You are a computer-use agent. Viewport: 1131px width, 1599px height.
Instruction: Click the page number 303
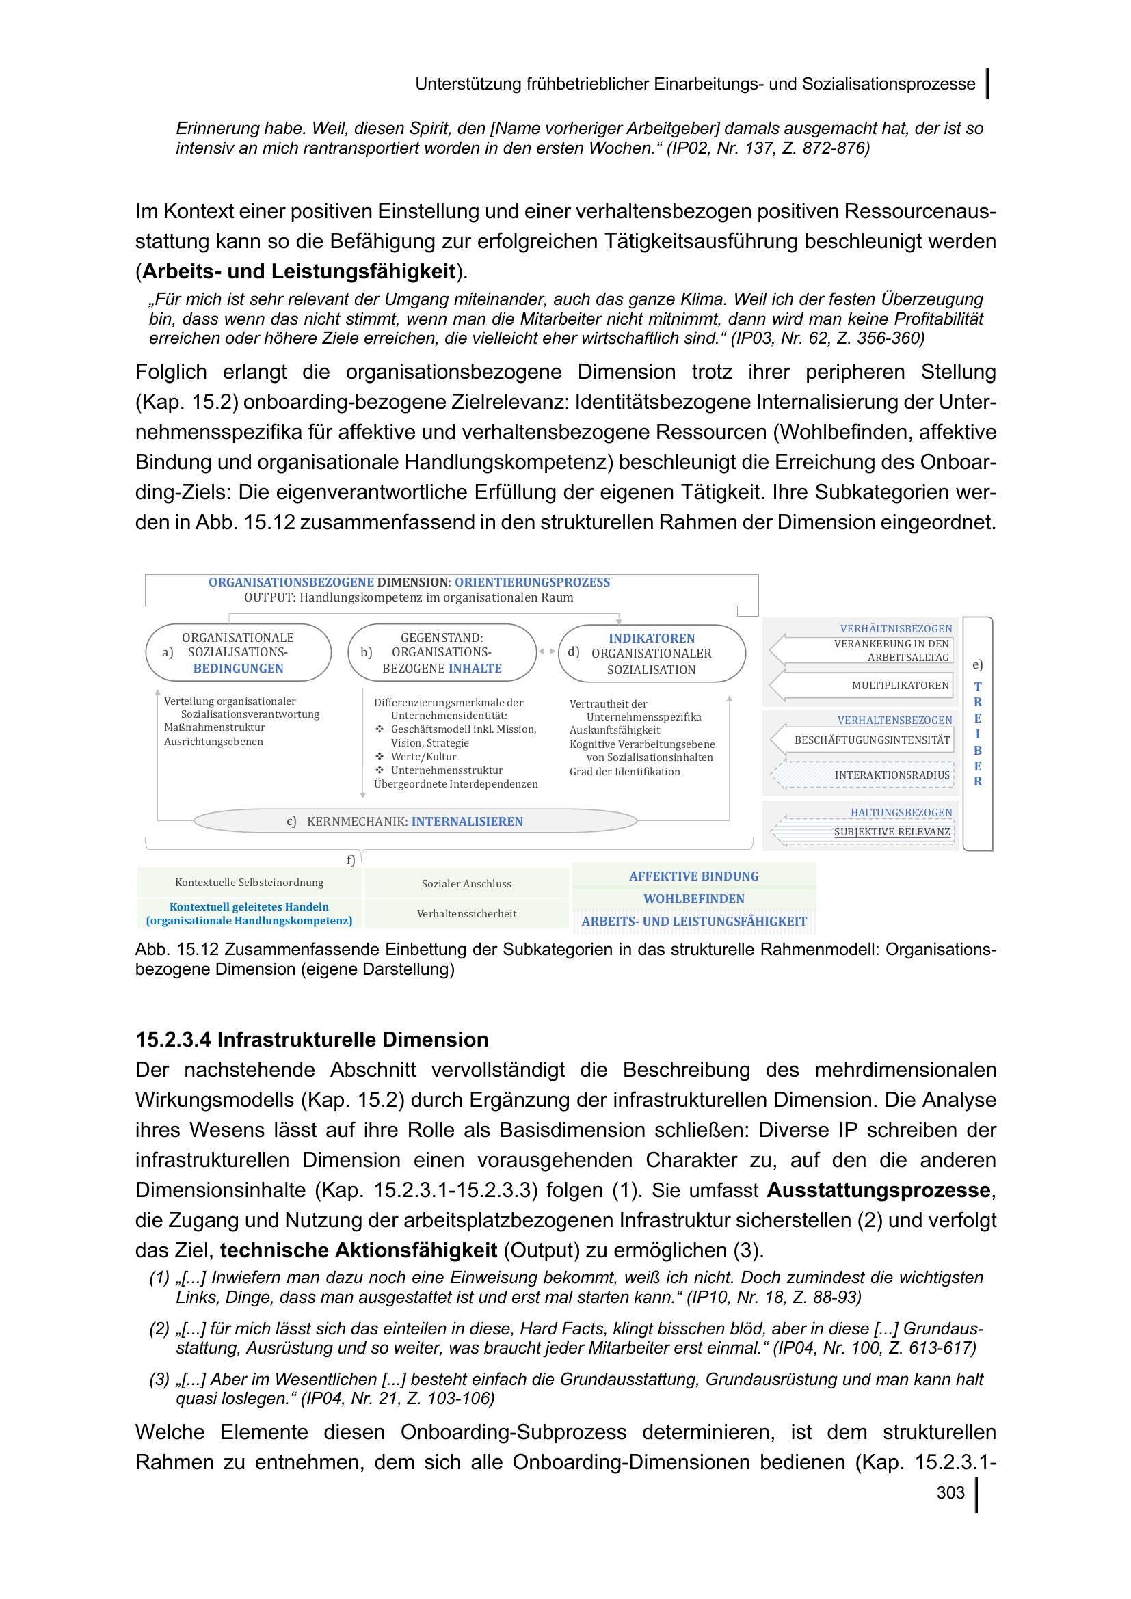(x=950, y=1492)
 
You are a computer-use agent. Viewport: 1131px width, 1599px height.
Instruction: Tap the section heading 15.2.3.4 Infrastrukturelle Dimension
(x=311, y=1040)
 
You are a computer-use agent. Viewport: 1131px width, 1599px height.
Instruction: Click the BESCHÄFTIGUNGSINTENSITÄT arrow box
(x=870, y=740)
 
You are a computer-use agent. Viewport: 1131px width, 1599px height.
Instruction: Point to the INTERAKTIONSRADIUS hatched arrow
(x=870, y=775)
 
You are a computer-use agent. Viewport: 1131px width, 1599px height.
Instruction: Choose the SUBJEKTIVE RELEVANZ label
(x=892, y=832)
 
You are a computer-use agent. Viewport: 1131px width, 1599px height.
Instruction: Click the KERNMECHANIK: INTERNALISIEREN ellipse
(x=415, y=822)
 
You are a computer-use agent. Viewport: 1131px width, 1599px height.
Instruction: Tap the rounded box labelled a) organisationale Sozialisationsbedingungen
(x=238, y=654)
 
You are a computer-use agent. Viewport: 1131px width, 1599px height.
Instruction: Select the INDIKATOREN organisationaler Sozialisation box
(x=652, y=654)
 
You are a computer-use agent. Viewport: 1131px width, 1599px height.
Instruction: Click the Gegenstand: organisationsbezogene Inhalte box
(x=442, y=654)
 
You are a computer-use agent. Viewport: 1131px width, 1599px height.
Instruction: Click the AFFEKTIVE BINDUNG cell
(x=693, y=876)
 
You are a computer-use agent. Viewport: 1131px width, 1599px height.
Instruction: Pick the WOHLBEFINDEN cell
(x=693, y=899)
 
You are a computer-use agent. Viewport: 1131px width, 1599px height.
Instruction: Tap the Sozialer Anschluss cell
(x=466, y=884)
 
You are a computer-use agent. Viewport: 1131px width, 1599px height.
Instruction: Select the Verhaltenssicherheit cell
(x=466, y=914)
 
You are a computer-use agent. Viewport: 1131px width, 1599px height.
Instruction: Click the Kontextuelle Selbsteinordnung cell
(x=250, y=883)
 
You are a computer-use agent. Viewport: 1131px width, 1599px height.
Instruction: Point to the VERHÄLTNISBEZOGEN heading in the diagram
(x=896, y=629)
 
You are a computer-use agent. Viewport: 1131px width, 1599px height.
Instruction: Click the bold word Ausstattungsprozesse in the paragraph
(x=878, y=1190)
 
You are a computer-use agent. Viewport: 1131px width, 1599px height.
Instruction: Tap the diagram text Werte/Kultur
(x=423, y=757)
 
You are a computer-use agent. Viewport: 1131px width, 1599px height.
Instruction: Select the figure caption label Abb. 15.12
(x=177, y=950)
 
